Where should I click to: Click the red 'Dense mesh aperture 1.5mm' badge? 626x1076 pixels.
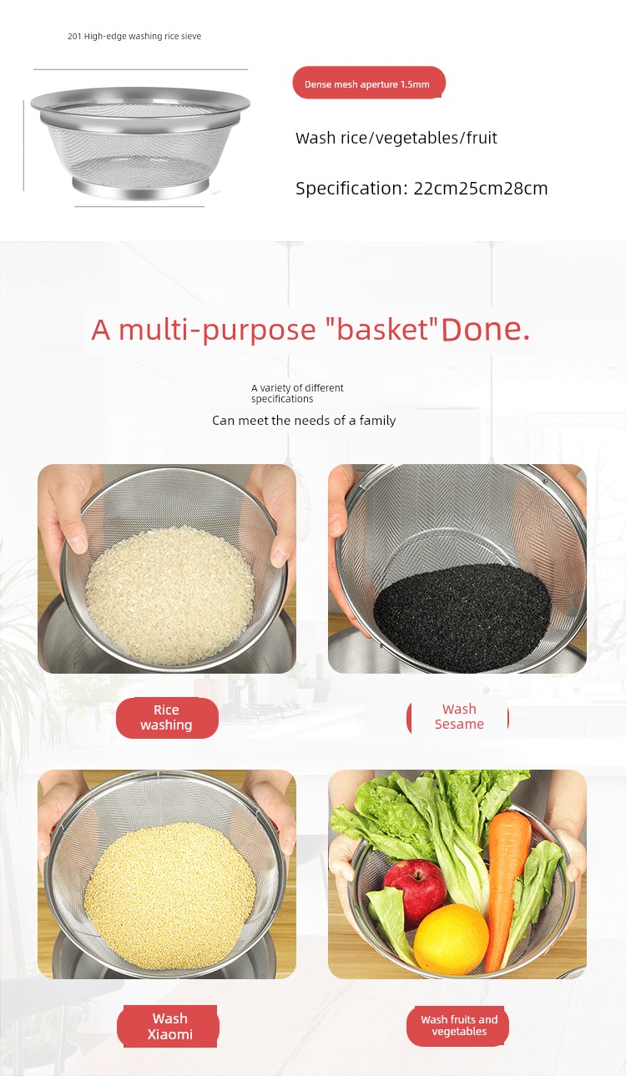tap(368, 83)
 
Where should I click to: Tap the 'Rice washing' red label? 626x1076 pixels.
tap(167, 718)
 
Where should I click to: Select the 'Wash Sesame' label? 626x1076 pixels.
tap(458, 717)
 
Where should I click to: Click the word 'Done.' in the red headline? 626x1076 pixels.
tap(485, 330)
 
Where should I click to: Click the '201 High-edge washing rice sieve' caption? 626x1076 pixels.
tap(134, 36)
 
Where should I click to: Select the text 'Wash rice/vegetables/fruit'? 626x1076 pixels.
tap(396, 139)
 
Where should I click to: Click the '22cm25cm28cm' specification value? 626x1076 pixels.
tap(481, 189)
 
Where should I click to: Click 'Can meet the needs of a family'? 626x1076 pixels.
tap(304, 421)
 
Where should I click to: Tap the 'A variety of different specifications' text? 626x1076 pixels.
tap(297, 393)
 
